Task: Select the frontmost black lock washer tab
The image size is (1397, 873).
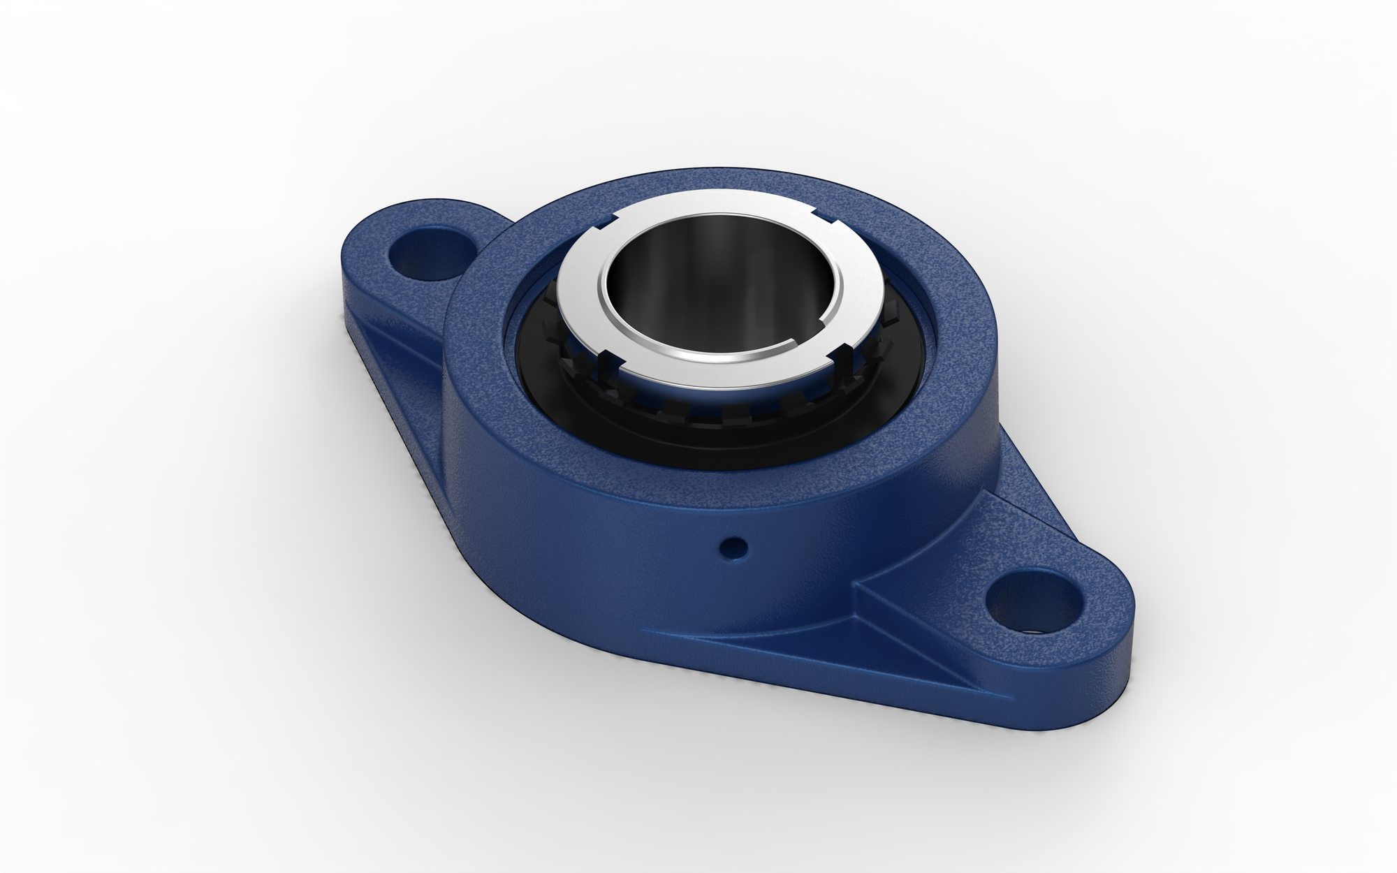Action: click(x=733, y=413)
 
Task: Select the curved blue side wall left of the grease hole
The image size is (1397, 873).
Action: click(x=559, y=517)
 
